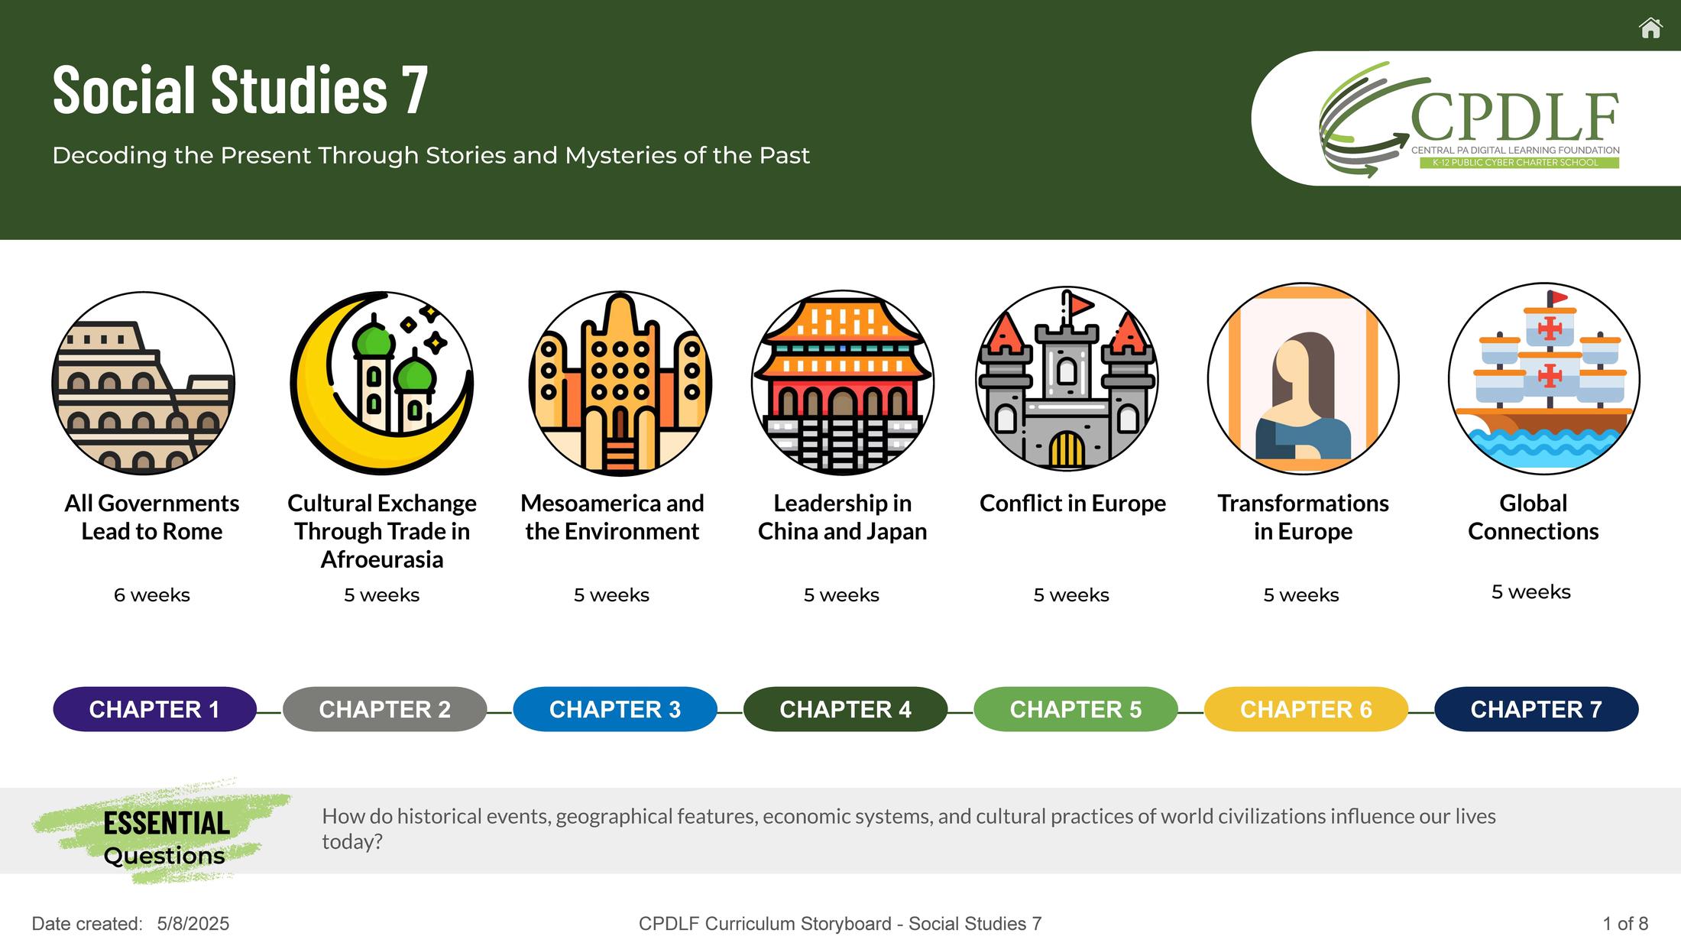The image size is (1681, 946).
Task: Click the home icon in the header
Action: [1650, 28]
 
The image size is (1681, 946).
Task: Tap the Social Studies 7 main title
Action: [240, 90]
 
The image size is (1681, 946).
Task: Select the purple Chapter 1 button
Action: [154, 709]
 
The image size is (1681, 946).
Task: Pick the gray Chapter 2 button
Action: [384, 709]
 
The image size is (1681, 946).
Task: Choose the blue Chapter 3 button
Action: [615, 709]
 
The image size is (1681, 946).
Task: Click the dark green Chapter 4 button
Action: [845, 709]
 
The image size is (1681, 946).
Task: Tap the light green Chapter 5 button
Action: [1076, 709]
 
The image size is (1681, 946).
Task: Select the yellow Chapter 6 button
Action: [1306, 709]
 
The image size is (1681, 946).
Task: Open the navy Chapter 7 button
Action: [1537, 709]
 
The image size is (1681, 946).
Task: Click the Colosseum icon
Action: [144, 383]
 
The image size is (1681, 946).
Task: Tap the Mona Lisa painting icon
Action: [1304, 379]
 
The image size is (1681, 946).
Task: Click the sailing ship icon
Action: [1544, 379]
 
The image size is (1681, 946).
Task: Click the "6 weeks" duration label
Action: [152, 594]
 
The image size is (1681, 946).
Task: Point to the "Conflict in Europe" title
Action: [1073, 504]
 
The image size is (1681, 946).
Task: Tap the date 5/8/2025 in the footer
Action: [193, 924]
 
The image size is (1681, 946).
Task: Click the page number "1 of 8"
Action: [1625, 924]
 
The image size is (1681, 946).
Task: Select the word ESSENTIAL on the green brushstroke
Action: [167, 823]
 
